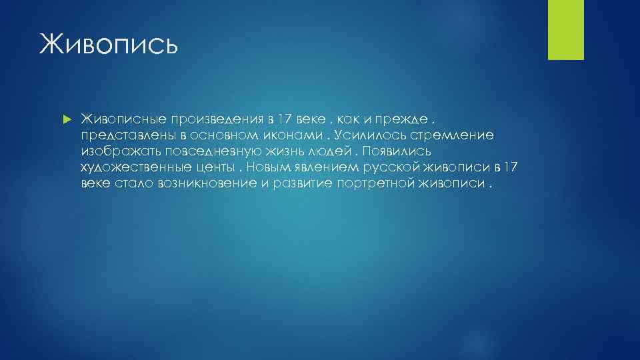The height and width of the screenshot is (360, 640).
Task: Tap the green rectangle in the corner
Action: tap(565, 30)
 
